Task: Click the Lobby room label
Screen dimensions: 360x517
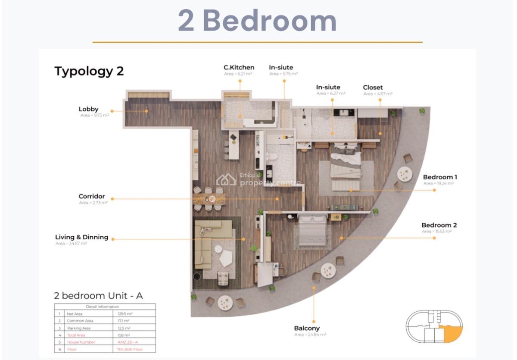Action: click(x=88, y=109)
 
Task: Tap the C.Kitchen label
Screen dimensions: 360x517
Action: click(x=239, y=67)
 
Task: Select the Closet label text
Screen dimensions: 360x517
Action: click(x=373, y=88)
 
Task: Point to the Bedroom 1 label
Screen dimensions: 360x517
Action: click(x=440, y=177)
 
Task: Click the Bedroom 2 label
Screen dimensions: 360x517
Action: click(x=439, y=225)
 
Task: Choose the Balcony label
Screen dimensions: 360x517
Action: click(x=307, y=328)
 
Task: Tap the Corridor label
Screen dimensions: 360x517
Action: click(x=91, y=197)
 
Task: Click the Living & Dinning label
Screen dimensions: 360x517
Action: click(x=81, y=237)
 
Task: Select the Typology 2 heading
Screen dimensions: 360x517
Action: click(x=89, y=71)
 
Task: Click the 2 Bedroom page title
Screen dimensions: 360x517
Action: click(x=257, y=21)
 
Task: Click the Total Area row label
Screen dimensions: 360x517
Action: click(x=76, y=335)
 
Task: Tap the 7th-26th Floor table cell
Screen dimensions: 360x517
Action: click(x=130, y=349)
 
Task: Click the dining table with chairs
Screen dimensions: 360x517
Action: click(x=209, y=199)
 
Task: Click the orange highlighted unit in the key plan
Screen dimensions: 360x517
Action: click(x=452, y=334)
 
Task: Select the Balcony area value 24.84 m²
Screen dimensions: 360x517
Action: click(x=310, y=335)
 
